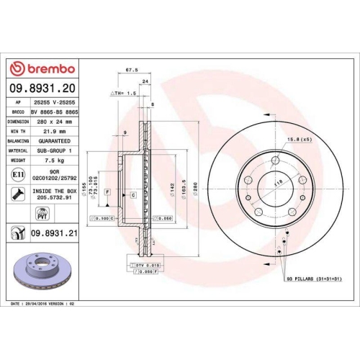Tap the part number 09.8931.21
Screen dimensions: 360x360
pos(55,232)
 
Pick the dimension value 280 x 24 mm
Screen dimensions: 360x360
pos(55,122)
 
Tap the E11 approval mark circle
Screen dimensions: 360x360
pos(17,174)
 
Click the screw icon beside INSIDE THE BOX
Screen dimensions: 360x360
pos(17,193)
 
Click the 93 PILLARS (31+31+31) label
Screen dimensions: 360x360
pos(313,277)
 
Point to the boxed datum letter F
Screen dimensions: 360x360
pos(107,192)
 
